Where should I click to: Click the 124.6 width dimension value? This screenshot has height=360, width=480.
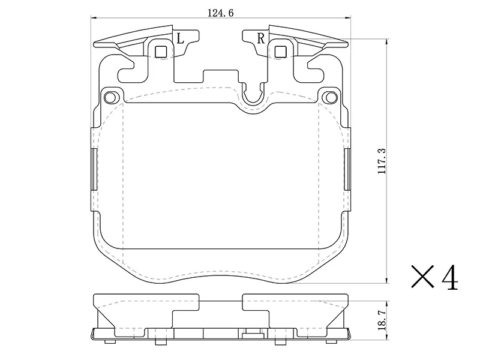[x=220, y=13]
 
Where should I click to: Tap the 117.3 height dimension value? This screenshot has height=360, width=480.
[x=382, y=161]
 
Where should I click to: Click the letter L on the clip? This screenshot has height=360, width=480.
[x=181, y=38]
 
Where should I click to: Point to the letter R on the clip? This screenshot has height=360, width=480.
[x=260, y=38]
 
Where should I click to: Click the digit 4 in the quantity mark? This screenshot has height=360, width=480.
[x=449, y=278]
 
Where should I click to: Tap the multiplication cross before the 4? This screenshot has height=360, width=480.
[x=422, y=277]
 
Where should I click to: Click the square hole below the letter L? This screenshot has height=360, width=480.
[x=161, y=52]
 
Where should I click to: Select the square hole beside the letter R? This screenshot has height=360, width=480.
[x=280, y=52]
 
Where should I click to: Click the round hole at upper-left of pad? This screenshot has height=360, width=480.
[x=110, y=98]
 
